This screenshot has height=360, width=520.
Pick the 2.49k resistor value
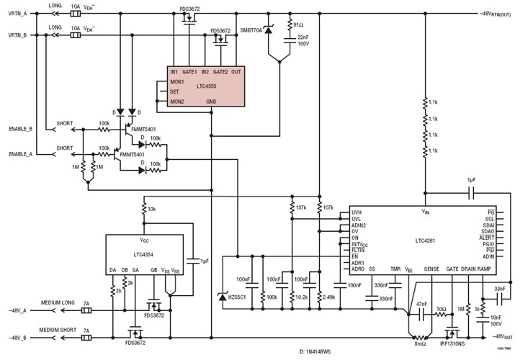tap(330, 297)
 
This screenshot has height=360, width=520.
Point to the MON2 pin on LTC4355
tap(177, 101)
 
